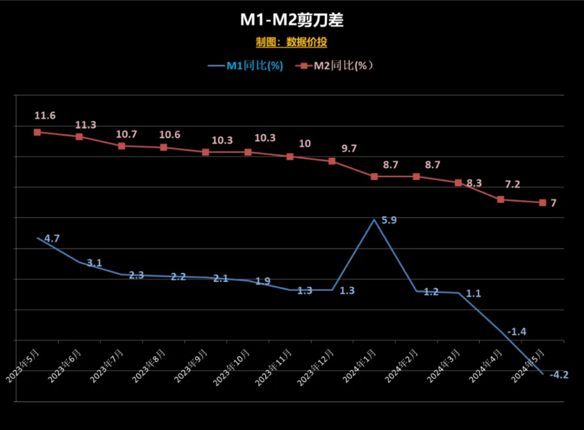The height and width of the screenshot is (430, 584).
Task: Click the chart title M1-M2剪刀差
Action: pyautogui.click(x=292, y=20)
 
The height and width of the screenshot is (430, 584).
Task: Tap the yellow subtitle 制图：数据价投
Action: pyautogui.click(x=292, y=42)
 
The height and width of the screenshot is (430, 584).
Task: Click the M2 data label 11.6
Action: pyautogui.click(x=46, y=115)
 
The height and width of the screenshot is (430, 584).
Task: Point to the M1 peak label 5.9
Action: pyautogui.click(x=389, y=220)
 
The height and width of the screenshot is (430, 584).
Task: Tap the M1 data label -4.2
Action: pyautogui.click(x=559, y=375)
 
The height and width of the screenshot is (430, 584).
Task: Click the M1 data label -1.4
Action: pyautogui.click(x=517, y=332)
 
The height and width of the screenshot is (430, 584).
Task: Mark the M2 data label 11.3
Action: pyautogui.click(x=85, y=125)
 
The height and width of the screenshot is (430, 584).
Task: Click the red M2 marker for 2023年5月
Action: pyautogui.click(x=37, y=132)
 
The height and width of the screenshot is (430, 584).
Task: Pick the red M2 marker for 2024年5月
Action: pyautogui.click(x=542, y=203)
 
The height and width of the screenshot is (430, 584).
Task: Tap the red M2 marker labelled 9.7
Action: pyautogui.click(x=332, y=161)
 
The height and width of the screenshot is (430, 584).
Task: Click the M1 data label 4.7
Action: pyautogui.click(x=52, y=238)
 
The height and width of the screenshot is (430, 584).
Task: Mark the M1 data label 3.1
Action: pyautogui.click(x=94, y=263)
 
